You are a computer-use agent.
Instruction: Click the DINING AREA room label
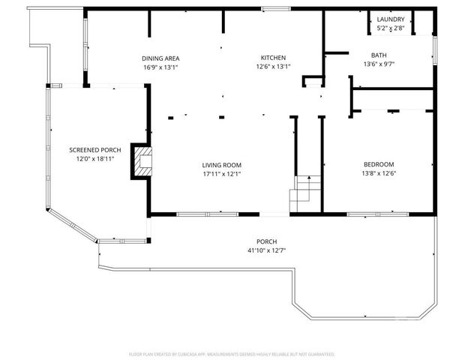[160, 58]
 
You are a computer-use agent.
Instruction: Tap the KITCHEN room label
[273, 58]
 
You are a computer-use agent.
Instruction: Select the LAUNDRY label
[391, 19]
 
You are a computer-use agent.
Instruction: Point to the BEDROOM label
[379, 164]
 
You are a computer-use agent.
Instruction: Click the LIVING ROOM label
[221, 165]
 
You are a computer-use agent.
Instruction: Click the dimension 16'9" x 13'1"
[160, 67]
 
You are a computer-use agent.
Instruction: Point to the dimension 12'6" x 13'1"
[273, 67]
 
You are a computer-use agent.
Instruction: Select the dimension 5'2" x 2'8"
[391, 28]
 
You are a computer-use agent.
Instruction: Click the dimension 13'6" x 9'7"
[379, 64]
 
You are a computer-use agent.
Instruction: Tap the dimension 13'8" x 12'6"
[379, 173]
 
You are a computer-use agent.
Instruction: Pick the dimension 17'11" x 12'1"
[221, 174]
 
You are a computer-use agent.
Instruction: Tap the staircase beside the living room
[305, 193]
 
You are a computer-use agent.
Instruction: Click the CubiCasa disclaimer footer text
[232, 353]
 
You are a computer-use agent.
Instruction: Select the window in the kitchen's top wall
[276, 9]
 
